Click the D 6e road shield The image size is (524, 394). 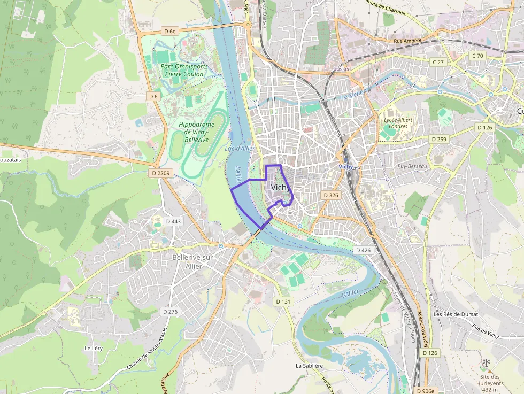pos(169,32)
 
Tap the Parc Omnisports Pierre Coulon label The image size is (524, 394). pos(184,70)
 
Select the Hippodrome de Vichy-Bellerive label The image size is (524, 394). pos(196,132)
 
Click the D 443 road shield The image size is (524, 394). pos(173,221)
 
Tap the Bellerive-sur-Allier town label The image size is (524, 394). pos(194,261)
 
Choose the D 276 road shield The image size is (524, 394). pos(169,312)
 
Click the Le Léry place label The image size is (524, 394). pos(93,348)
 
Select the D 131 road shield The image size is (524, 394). pos(283,302)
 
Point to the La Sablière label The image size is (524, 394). pos(310,366)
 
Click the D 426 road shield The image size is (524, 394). pos(363,250)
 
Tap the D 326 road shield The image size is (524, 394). pos(331,195)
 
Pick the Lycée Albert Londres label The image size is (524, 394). pos(399,123)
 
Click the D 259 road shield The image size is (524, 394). pos(438,139)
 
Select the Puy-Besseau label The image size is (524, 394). pos(412,166)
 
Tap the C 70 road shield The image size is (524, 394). pos(477,56)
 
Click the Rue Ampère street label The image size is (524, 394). pos(407,40)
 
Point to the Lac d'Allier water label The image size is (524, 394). pos(240,148)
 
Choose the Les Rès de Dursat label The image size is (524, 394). pos(456,314)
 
